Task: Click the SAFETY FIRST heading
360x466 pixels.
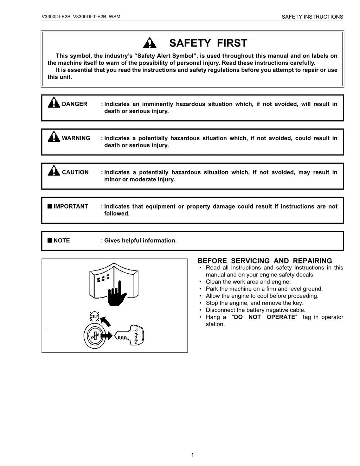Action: (208, 43)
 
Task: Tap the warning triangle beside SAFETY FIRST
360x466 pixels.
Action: (150, 43)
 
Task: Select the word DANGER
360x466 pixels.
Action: (75, 104)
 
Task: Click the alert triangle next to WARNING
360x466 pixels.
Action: (54, 136)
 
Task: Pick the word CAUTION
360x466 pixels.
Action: (75, 172)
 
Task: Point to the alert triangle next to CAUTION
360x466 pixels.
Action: (54, 171)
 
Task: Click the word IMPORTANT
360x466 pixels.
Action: (71, 206)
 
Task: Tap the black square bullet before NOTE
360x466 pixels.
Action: (50, 241)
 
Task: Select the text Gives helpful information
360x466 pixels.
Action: (140, 241)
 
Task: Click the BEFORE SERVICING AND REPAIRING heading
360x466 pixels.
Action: (265, 261)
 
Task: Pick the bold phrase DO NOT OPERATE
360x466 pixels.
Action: (264, 317)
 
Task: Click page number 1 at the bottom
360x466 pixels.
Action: (192, 455)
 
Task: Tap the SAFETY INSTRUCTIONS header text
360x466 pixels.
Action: (312, 17)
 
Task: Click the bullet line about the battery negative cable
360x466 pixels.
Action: (256, 310)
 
